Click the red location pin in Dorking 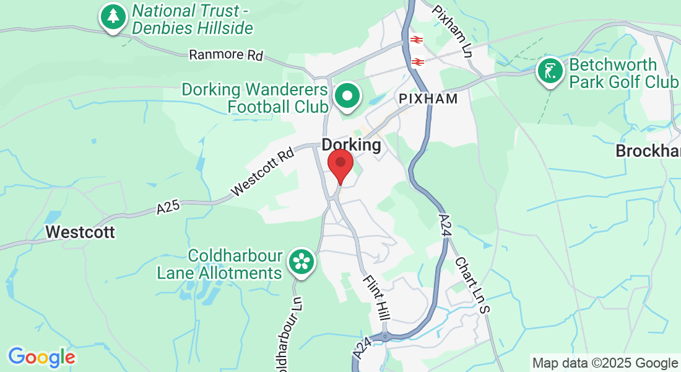[340, 163]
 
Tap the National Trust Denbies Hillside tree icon [112, 17]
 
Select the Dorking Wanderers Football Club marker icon [347, 96]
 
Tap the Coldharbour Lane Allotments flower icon [301, 261]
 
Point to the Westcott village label [80, 232]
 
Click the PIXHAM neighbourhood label [428, 99]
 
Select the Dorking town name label [351, 144]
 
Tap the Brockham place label [648, 151]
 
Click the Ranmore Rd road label [226, 55]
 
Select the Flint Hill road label [376, 298]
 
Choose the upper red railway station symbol [415, 39]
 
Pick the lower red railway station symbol [418, 61]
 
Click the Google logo [41, 357]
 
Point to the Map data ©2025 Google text [605, 363]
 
